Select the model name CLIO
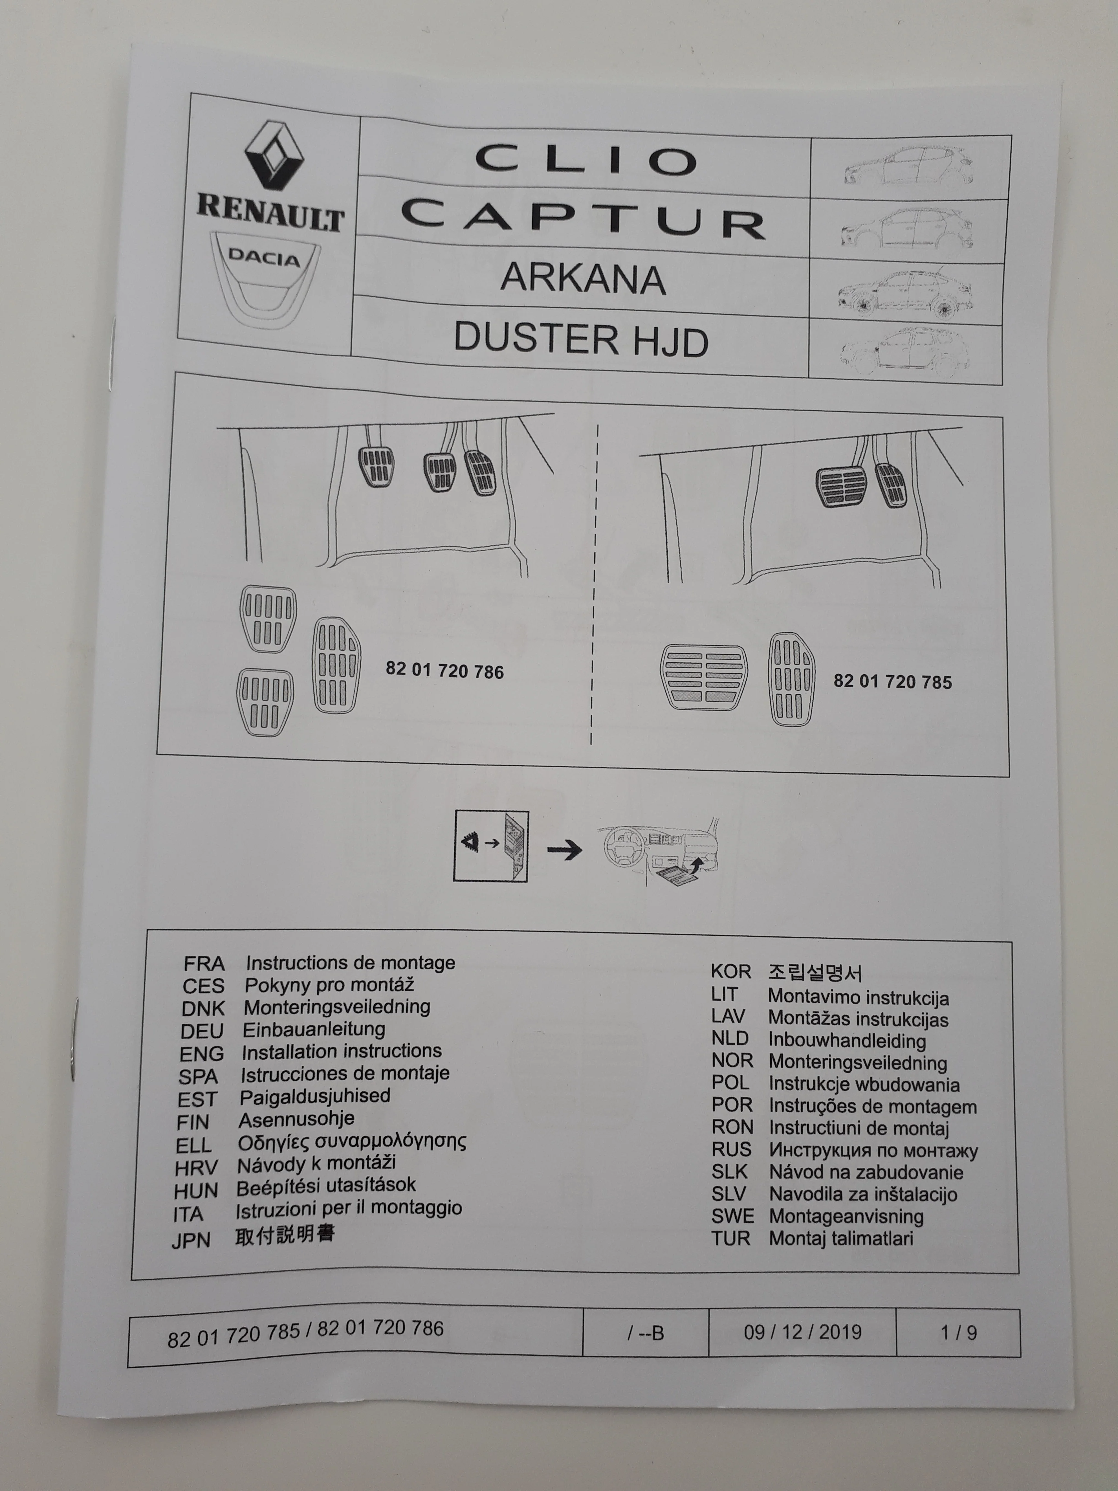tap(585, 160)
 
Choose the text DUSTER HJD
tap(581, 339)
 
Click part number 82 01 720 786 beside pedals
tap(444, 671)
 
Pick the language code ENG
tap(202, 1054)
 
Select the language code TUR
tap(730, 1238)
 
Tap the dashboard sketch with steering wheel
tap(661, 851)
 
